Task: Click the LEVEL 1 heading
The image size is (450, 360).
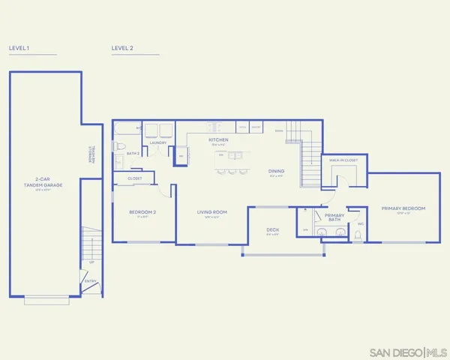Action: click(x=19, y=47)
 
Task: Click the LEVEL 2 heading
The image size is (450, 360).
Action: click(x=122, y=47)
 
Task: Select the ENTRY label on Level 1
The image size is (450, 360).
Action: click(x=90, y=281)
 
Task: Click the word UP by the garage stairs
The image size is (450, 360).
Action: click(x=91, y=262)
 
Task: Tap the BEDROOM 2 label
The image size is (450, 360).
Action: click(x=142, y=212)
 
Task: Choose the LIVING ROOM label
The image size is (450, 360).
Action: click(x=212, y=212)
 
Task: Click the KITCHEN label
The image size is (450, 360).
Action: click(x=218, y=140)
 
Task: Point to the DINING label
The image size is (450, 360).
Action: click(x=277, y=171)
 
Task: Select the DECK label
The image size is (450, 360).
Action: click(x=272, y=230)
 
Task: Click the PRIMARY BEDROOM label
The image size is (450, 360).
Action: click(x=403, y=208)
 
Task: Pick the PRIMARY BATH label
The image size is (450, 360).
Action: click(x=334, y=217)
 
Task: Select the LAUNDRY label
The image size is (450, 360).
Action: click(x=157, y=142)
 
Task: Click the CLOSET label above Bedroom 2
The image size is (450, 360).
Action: click(x=135, y=178)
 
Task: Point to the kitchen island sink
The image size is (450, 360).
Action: click(x=233, y=155)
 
